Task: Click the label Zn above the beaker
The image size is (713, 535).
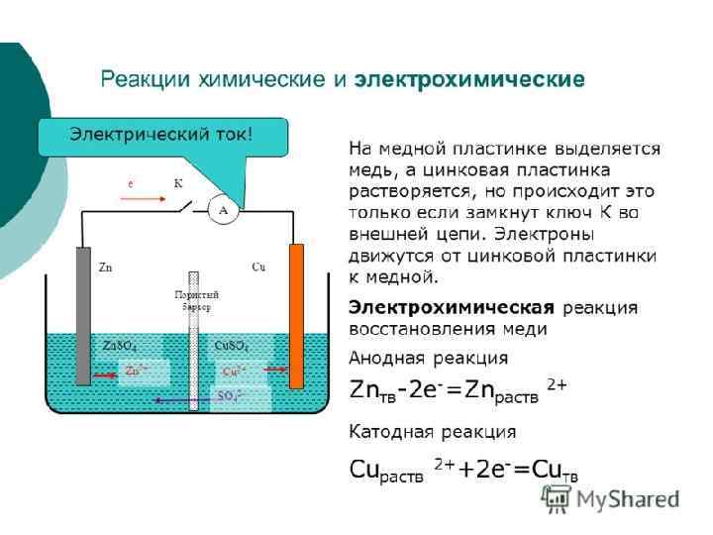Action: click(x=106, y=268)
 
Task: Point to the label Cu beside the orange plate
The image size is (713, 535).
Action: click(x=258, y=267)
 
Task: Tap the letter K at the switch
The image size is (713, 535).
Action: click(x=178, y=183)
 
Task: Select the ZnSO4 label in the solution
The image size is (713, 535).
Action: click(x=120, y=346)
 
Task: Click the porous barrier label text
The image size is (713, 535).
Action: click(x=196, y=300)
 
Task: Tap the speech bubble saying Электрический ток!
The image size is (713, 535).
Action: click(x=160, y=135)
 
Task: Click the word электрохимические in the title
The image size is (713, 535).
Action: click(x=469, y=78)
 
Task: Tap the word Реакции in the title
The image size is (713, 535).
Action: click(x=139, y=78)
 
